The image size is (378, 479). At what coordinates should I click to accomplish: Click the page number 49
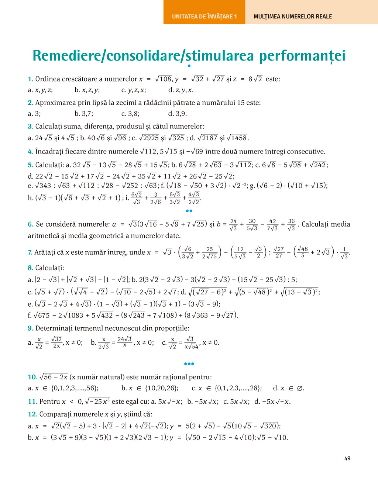coord(347,458)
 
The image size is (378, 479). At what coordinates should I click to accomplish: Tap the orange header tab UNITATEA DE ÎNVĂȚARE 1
coord(204,16)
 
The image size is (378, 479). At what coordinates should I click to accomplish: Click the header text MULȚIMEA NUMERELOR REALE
coord(293,16)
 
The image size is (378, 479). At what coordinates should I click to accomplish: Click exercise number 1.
coord(30,79)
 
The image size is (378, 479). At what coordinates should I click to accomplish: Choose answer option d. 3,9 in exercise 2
coord(178,114)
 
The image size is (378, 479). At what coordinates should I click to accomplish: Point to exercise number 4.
coord(31,151)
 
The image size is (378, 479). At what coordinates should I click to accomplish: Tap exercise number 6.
coord(31,224)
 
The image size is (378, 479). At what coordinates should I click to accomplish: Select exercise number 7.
coord(30,252)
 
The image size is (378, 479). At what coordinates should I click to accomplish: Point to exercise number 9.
coord(31,328)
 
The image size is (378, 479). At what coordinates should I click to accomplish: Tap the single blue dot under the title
coord(189,66)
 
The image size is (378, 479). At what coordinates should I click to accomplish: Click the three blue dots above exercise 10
coord(189,364)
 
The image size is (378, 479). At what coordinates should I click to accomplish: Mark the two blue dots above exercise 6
coord(189,211)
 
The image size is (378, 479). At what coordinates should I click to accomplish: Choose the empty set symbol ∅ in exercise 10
coord(300,388)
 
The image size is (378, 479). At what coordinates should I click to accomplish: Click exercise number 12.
coord(32,414)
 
